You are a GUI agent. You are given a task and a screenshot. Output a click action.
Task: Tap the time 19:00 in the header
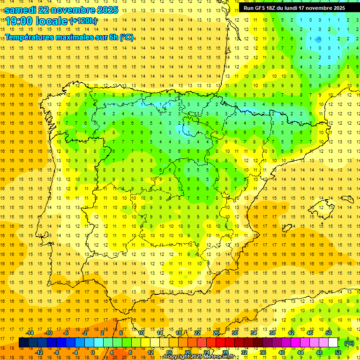[x=22, y=21]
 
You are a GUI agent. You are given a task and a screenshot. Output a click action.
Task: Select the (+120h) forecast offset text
[x=83, y=21]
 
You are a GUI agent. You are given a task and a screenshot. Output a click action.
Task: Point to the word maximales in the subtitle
[x=80, y=37]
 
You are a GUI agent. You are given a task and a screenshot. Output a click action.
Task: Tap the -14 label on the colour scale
[x=30, y=333]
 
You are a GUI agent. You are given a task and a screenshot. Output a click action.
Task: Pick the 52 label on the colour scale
[x=338, y=352]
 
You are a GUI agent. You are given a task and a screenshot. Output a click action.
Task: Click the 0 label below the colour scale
[x=93, y=352]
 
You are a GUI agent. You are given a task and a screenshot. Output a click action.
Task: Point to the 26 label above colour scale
[x=216, y=333]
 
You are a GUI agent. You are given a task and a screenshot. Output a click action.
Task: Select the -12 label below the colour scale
[x=39, y=352]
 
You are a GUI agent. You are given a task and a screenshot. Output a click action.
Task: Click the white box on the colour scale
[x=333, y=343]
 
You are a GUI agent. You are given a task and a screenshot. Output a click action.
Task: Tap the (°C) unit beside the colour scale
[x=350, y=343]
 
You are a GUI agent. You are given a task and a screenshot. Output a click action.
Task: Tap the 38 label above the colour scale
[x=272, y=333]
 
